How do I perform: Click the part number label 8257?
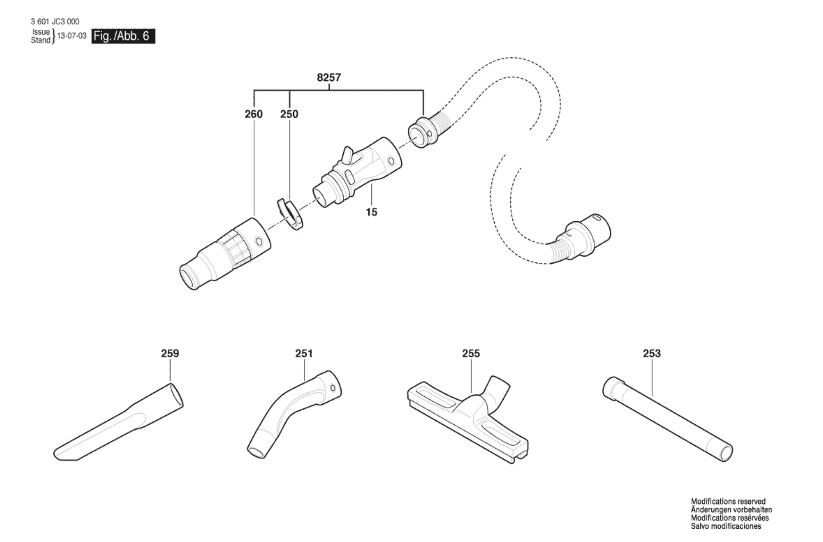[329, 78]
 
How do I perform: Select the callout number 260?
[254, 114]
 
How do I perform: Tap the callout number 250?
[289, 114]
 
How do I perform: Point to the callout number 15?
[372, 212]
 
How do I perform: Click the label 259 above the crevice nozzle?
[170, 354]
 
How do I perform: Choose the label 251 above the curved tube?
[304, 354]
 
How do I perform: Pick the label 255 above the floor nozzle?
[471, 354]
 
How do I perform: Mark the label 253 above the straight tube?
[652, 354]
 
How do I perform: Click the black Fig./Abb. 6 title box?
[123, 36]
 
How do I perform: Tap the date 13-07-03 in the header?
[72, 36]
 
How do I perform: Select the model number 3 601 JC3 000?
[55, 22]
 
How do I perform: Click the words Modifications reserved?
[728, 501]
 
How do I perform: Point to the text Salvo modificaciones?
[726, 526]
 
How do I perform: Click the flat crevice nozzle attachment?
[118, 422]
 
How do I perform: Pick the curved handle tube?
[294, 414]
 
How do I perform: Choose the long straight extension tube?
[667, 419]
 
